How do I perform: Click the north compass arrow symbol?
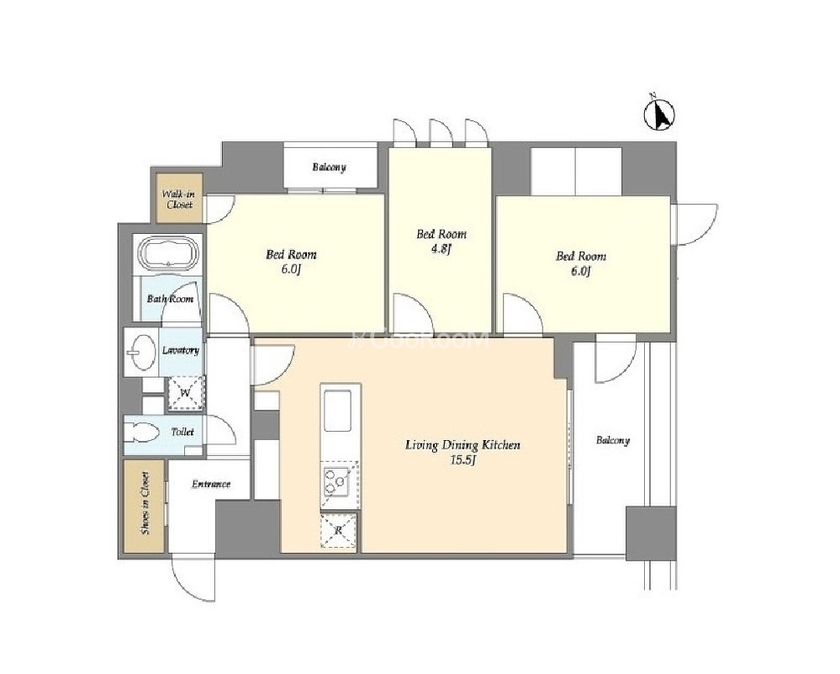click(x=659, y=114)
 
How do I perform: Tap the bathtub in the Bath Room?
click(x=169, y=253)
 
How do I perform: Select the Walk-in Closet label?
click(x=179, y=199)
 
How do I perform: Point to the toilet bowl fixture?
click(x=141, y=433)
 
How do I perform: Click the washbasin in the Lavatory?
click(x=142, y=353)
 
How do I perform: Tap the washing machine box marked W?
click(x=185, y=392)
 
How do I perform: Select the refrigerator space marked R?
click(x=339, y=530)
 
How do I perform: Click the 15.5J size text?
click(x=462, y=460)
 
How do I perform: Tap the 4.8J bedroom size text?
click(x=441, y=249)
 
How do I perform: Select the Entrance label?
click(x=211, y=484)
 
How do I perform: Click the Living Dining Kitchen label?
click(x=462, y=445)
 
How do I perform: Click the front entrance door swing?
click(x=193, y=579)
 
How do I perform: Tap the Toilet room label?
click(x=182, y=432)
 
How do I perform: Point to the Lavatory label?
click(x=181, y=351)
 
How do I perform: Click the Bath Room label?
click(x=170, y=299)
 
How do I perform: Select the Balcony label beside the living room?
click(x=613, y=441)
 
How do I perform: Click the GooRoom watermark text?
click(x=420, y=339)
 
